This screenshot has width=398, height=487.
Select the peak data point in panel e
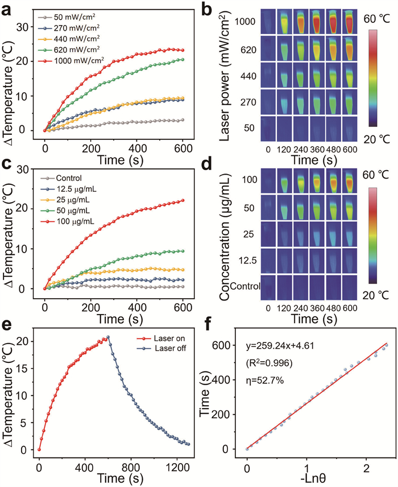108,337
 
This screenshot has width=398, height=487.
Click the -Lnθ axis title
306,476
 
